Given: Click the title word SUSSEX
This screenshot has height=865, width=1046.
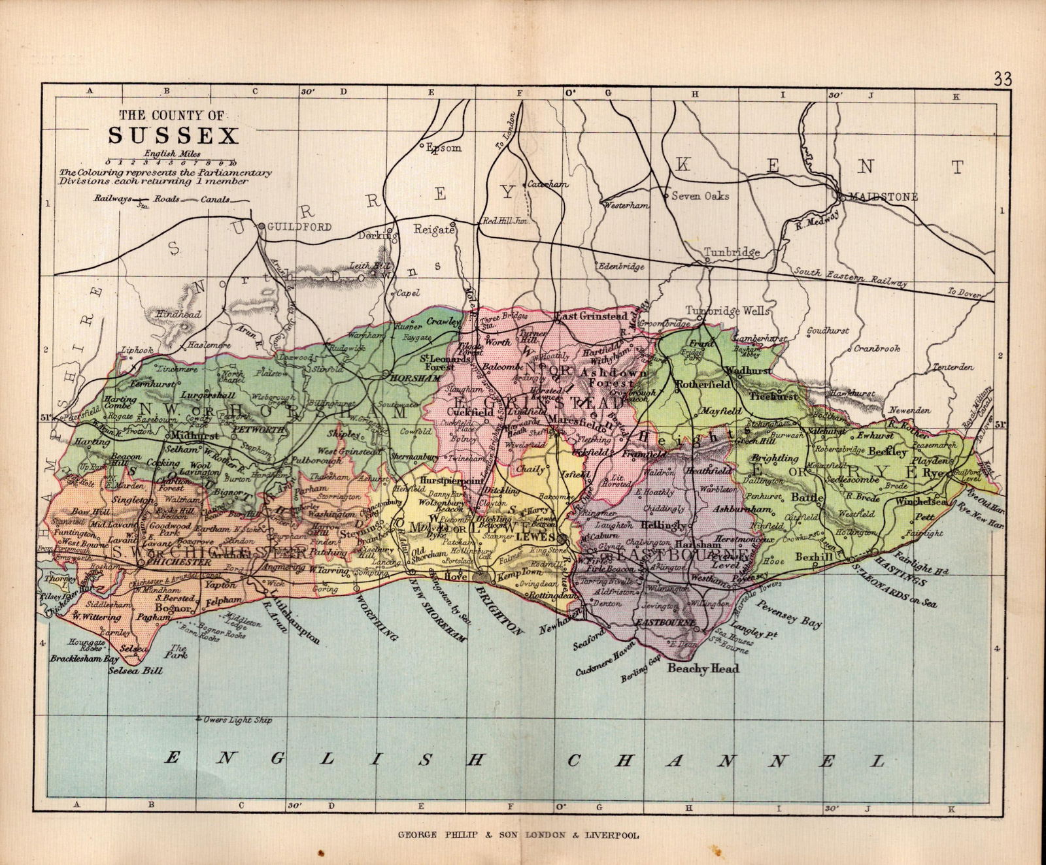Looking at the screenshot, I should point(173,135).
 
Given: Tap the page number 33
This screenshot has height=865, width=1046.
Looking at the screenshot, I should point(1002,79).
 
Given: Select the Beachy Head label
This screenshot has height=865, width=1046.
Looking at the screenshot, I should point(703,668).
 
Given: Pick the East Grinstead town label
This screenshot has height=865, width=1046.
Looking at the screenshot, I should point(591,316).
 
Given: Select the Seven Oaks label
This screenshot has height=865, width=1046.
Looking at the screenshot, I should point(700,195).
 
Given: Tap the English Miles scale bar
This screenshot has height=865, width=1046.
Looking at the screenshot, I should point(171,161).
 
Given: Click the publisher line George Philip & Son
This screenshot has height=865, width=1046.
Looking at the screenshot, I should point(517,834).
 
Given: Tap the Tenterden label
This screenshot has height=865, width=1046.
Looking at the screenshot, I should point(953,367).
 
